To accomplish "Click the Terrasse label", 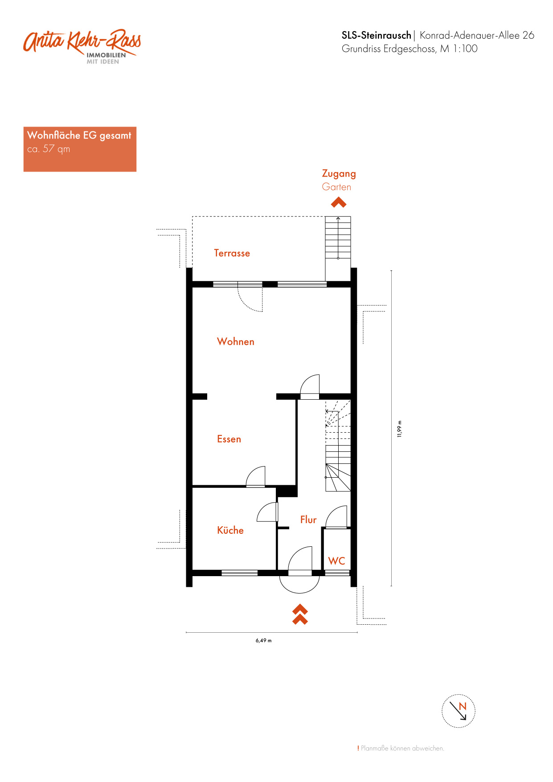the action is (232, 253).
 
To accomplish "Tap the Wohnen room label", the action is (236, 342).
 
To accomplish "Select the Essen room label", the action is (229, 439).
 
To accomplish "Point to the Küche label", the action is (230, 530).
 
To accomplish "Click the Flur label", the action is (308, 520).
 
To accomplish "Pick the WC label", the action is (337, 561).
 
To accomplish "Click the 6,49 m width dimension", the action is (264, 641).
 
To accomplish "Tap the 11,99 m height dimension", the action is (399, 429).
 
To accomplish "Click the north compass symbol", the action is (459, 711).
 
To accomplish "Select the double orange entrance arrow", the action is (300, 614).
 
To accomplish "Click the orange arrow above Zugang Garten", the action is (339, 203).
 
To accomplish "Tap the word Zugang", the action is (339, 174).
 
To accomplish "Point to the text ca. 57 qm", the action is (49, 149).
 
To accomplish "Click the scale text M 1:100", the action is (459, 49).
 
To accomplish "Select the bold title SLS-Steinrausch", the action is (377, 35).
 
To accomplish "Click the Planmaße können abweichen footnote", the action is (401, 748).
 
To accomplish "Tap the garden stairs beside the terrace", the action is (338, 237).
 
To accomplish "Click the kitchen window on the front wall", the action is (240, 573).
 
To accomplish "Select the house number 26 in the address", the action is (528, 35).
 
